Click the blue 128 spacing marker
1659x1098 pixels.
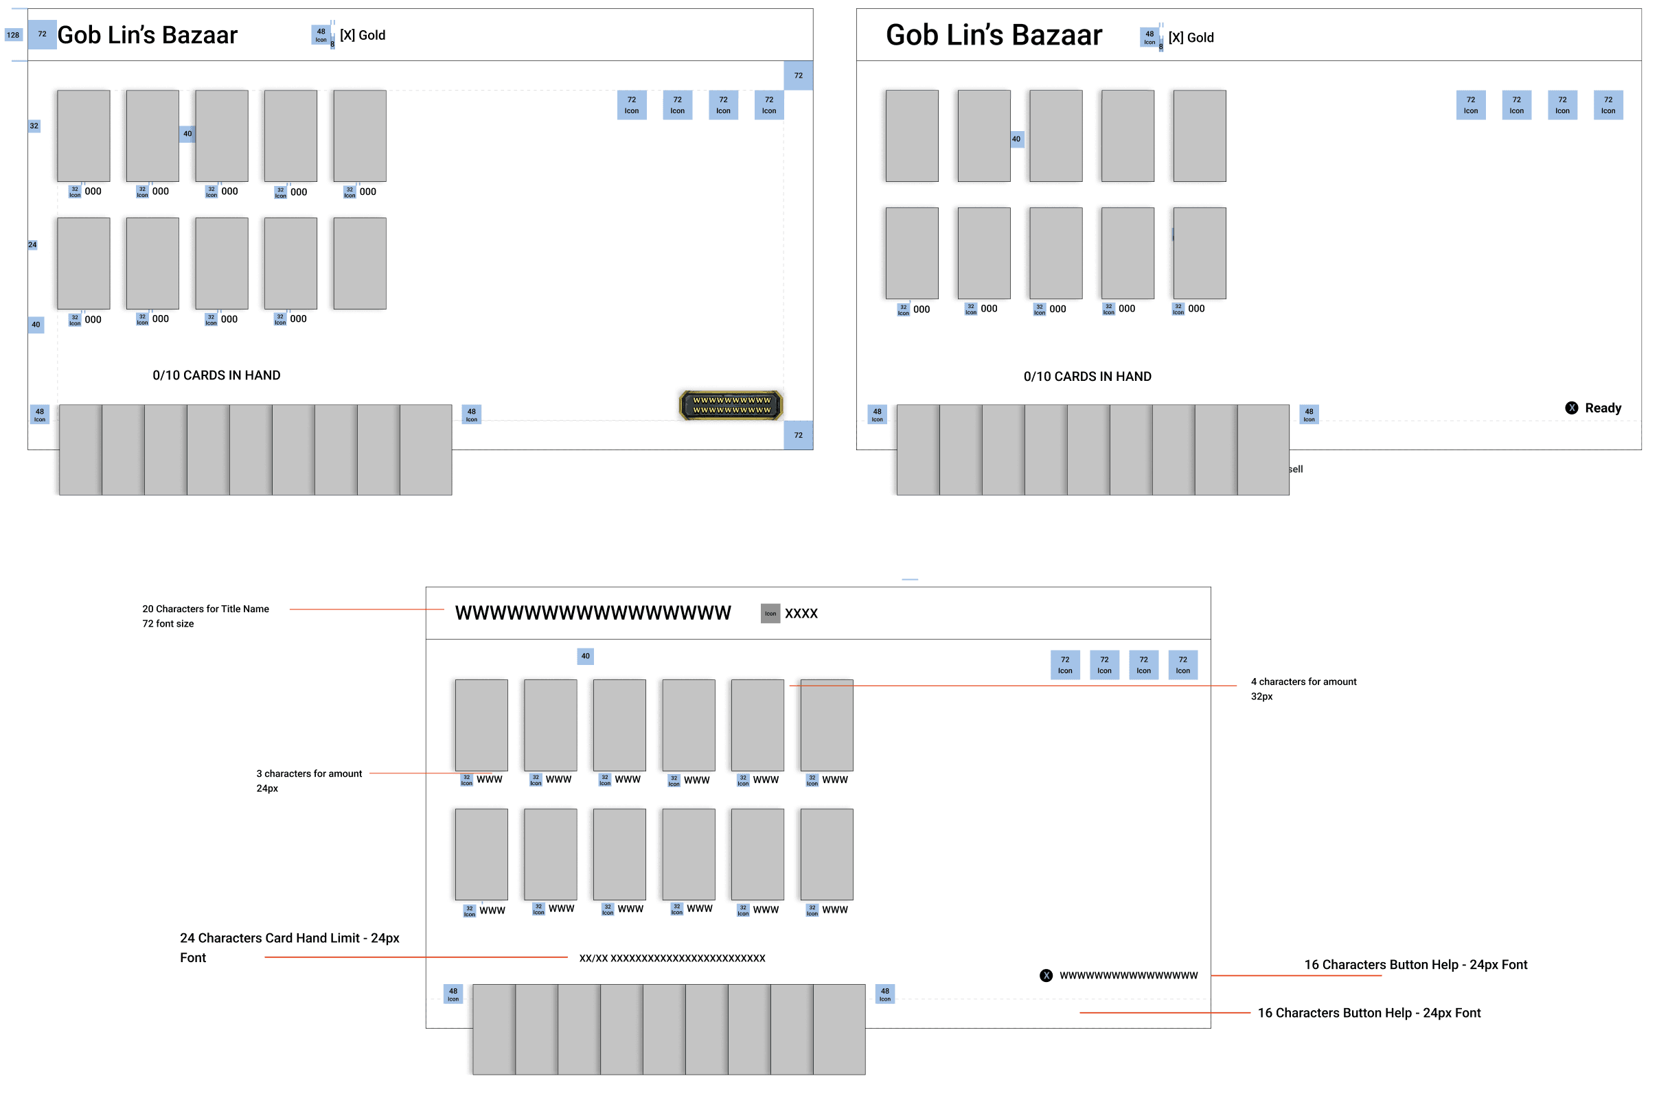click(13, 35)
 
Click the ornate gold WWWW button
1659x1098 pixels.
click(731, 406)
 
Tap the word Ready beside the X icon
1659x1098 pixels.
click(1602, 408)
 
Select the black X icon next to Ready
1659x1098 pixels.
click(1571, 408)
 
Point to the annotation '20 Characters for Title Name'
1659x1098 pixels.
click(205, 609)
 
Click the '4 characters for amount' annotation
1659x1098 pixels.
click(1303, 682)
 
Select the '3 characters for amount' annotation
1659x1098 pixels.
click(309, 774)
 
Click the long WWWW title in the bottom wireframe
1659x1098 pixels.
click(593, 614)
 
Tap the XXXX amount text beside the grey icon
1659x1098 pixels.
click(801, 614)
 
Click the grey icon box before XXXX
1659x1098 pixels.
click(770, 614)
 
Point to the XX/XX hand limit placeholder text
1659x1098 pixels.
click(672, 958)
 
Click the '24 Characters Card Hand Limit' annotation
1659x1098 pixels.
click(289, 938)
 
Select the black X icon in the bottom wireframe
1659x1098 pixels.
click(1045, 975)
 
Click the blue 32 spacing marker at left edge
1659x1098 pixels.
click(34, 126)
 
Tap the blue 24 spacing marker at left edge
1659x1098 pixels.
click(32, 245)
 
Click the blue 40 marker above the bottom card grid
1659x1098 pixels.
click(585, 656)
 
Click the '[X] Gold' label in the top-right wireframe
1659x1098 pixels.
click(1190, 38)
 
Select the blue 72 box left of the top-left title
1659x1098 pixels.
click(42, 34)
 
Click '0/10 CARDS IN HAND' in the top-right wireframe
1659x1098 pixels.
click(1087, 377)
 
